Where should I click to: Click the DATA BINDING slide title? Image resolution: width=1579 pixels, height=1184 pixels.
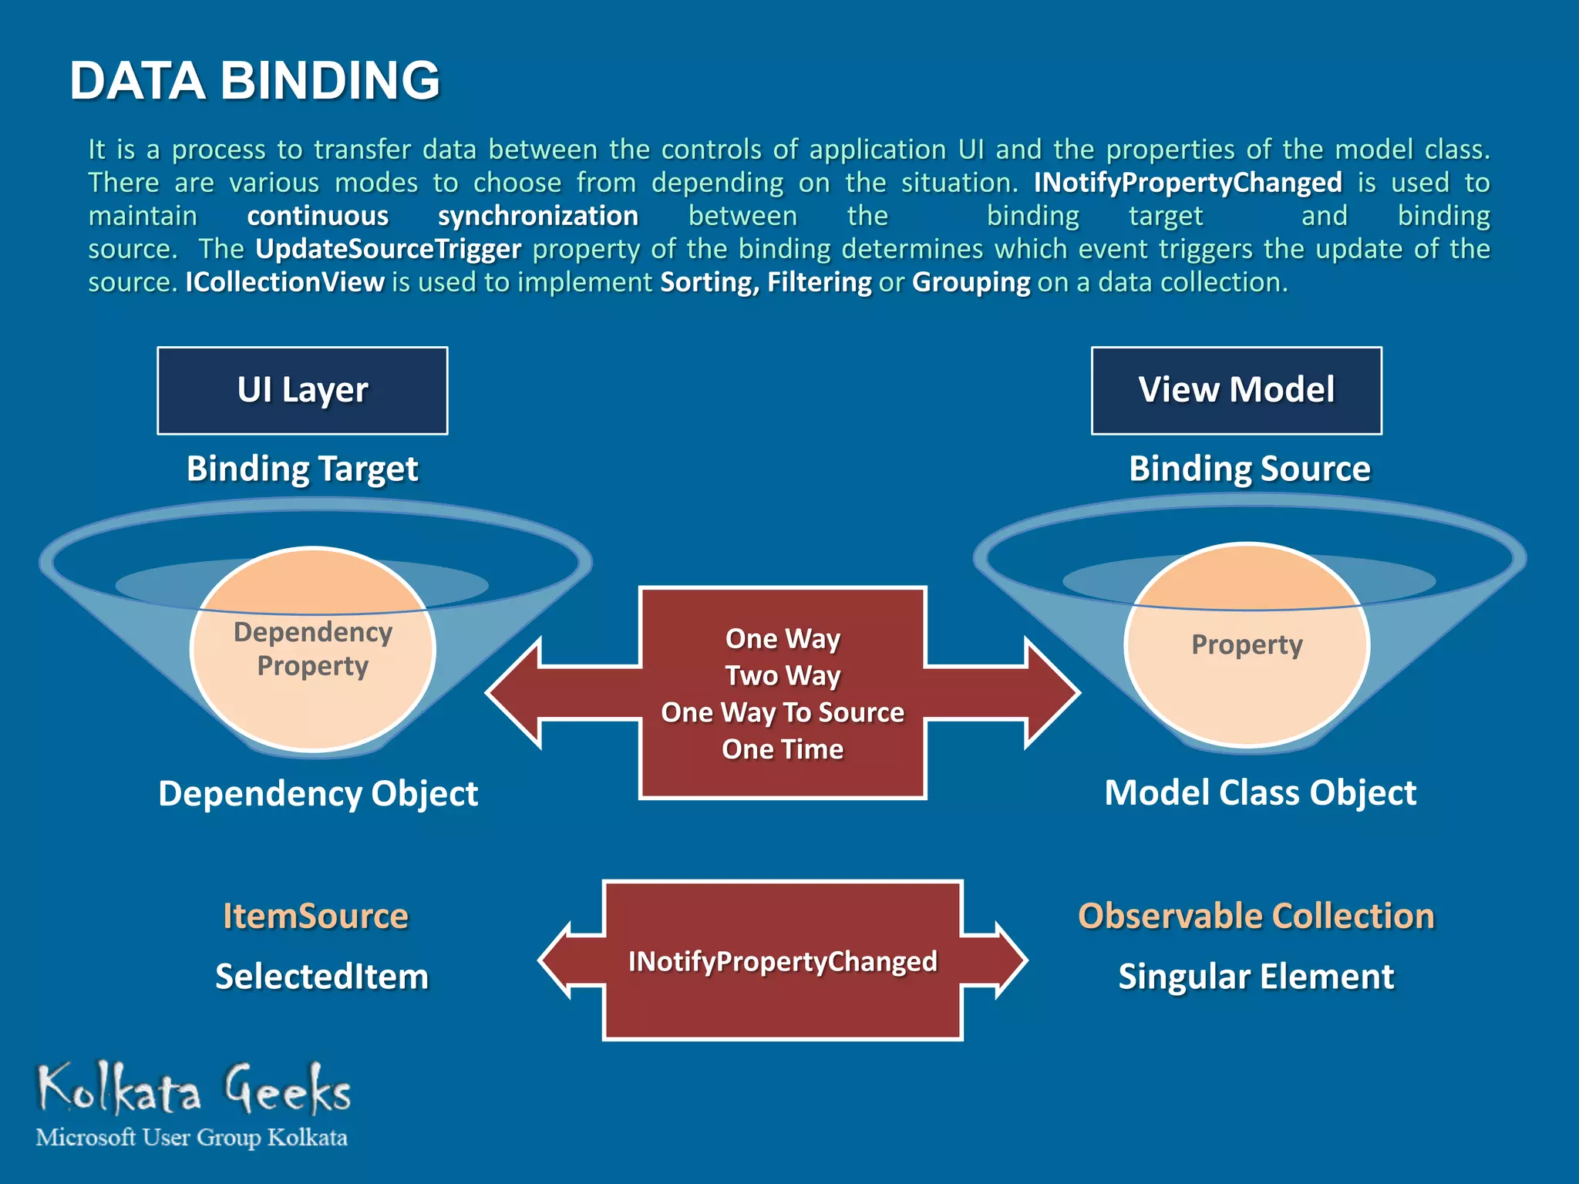(x=254, y=81)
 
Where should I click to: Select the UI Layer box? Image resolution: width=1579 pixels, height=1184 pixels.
(x=302, y=391)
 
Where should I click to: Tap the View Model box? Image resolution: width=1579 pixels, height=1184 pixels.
(x=1236, y=391)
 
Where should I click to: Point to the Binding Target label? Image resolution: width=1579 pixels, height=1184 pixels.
(x=302, y=469)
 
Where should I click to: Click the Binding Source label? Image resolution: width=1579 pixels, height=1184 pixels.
(x=1249, y=469)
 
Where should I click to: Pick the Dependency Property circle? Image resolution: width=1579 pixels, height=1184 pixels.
(x=313, y=649)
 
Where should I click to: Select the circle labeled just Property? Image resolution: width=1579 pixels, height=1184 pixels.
(x=1247, y=644)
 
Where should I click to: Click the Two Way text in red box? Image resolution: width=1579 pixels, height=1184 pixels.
(x=783, y=675)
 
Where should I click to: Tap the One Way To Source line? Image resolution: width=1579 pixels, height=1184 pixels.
(x=783, y=712)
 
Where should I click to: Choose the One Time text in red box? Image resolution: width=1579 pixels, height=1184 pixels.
(x=783, y=749)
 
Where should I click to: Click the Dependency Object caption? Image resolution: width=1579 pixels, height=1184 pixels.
(x=318, y=793)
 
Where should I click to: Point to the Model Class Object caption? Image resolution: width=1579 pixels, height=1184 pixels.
(x=1260, y=792)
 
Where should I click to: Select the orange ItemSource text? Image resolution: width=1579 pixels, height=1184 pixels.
(x=315, y=916)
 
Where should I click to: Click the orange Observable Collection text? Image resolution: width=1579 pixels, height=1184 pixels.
(x=1256, y=916)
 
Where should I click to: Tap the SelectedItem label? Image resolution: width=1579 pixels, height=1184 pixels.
(x=322, y=977)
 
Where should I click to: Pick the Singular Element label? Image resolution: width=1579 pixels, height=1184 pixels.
(x=1256, y=977)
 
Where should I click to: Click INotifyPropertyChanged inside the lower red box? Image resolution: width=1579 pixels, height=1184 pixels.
(x=783, y=961)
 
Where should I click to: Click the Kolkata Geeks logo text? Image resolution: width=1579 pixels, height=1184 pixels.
(x=194, y=1089)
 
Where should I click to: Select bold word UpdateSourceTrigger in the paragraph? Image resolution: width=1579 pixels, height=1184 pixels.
(x=389, y=249)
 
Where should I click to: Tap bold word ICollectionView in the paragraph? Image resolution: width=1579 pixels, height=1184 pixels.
(x=284, y=282)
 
